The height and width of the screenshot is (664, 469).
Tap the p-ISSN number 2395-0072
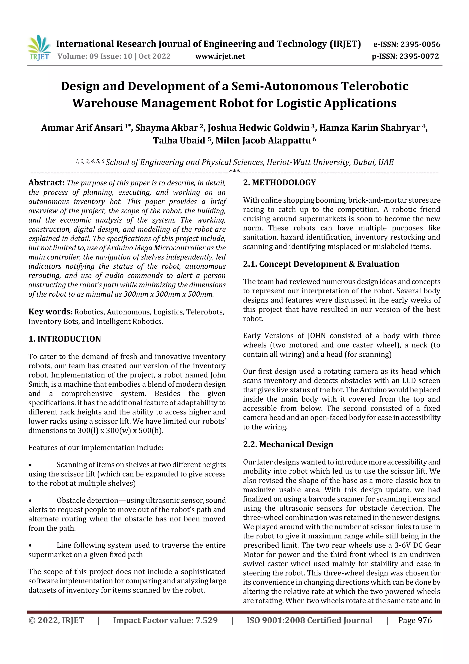(x=419, y=56)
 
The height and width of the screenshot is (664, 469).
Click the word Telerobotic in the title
(x=374, y=86)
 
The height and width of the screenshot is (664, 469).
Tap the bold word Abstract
(x=46, y=183)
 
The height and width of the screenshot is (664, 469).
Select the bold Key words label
(x=50, y=312)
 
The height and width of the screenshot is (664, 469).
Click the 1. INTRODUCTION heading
(x=65, y=339)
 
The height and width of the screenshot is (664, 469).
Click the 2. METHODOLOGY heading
(x=279, y=183)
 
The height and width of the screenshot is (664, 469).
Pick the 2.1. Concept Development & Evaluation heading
(x=321, y=264)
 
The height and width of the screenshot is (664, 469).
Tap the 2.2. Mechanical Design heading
(x=288, y=444)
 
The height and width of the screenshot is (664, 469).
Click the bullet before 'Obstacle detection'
(x=30, y=501)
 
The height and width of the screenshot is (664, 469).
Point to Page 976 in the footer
(x=415, y=620)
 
